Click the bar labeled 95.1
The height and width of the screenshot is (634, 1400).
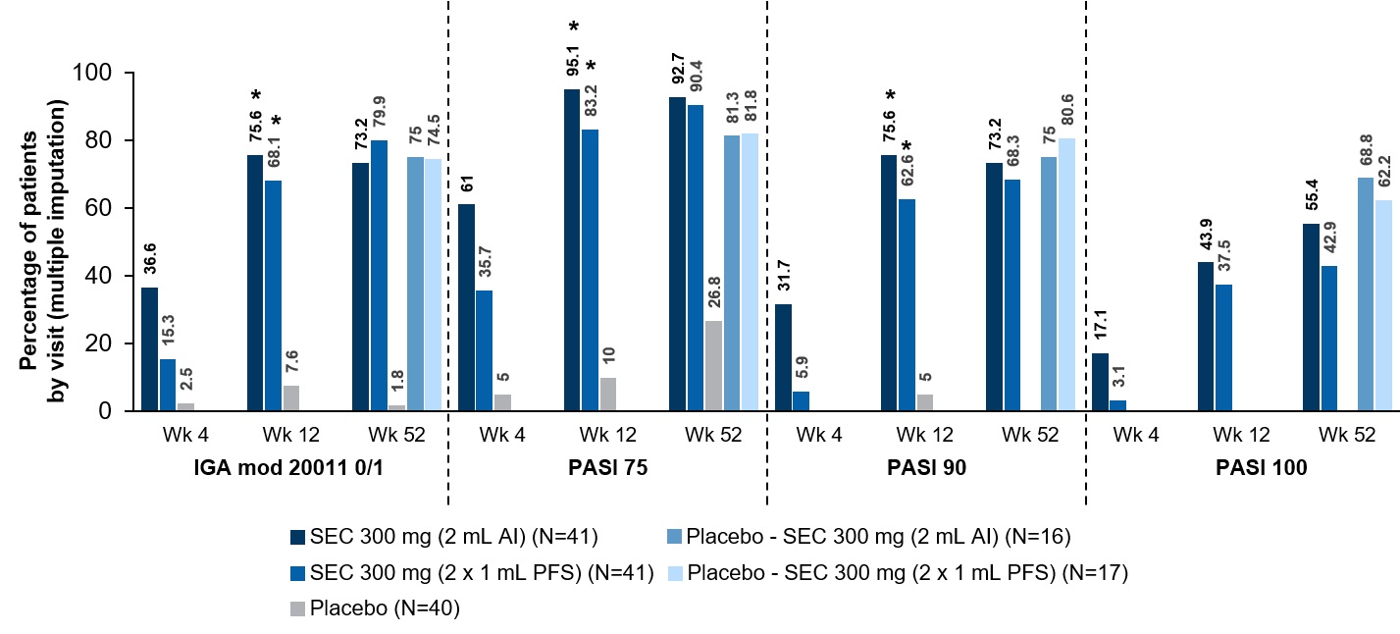pos(573,250)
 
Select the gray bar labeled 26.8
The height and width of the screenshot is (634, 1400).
pos(713,365)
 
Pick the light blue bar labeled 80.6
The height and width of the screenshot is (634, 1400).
pos(1066,274)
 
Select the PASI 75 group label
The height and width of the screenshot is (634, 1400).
pos(607,469)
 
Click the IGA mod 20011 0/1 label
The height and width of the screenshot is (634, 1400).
pos(286,469)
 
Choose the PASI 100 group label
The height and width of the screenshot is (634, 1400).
pos(1244,469)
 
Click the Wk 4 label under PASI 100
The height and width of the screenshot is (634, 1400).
pos(1138,435)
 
